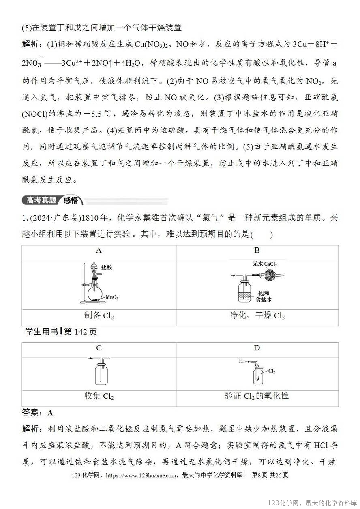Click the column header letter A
(x=99, y=251)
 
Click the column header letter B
(x=257, y=251)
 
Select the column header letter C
(x=99, y=348)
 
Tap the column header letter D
(x=257, y=348)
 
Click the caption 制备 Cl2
(x=99, y=316)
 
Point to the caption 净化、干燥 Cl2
(x=257, y=316)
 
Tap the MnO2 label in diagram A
(x=112, y=297)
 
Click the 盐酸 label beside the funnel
(x=107, y=268)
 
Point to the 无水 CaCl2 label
(x=267, y=264)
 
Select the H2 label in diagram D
(x=242, y=360)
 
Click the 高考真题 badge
(x=42, y=200)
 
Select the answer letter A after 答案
(x=50, y=413)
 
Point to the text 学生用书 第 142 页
(x=61, y=332)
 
